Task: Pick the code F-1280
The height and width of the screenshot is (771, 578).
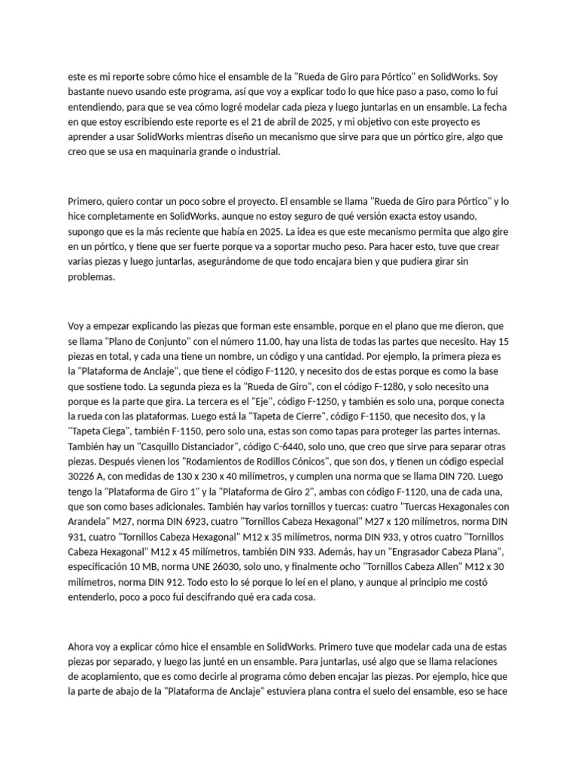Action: pos(321,389)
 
